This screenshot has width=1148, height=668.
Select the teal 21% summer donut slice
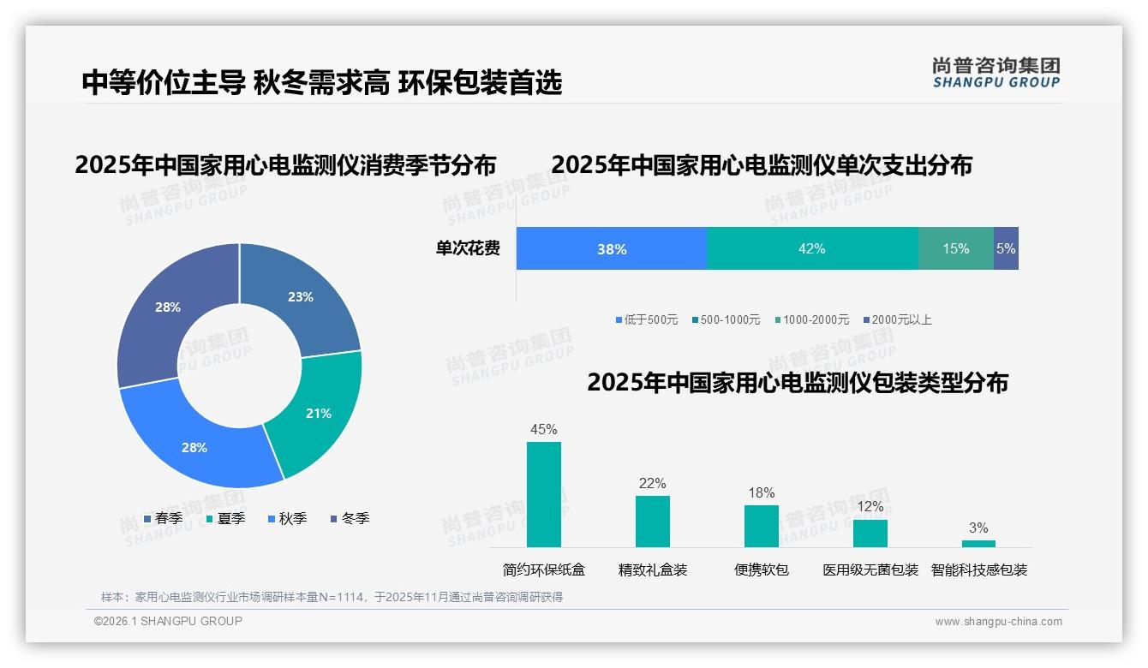click(x=318, y=413)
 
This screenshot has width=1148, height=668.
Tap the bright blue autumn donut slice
click(x=194, y=447)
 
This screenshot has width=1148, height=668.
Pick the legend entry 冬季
click(x=349, y=518)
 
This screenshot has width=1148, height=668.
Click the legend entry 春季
click(x=163, y=518)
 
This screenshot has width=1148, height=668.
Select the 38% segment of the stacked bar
click(x=612, y=249)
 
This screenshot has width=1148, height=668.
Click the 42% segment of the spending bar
click(x=811, y=249)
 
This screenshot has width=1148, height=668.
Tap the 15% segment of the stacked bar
click(x=955, y=249)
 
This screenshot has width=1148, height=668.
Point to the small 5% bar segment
click(x=1006, y=249)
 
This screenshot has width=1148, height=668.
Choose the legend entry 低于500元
click(x=646, y=319)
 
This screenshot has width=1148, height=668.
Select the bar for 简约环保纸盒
click(x=544, y=494)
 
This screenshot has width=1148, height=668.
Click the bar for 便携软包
click(x=762, y=526)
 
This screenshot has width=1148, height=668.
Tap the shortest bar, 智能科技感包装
click(x=978, y=543)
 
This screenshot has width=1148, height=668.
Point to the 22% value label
click(x=652, y=484)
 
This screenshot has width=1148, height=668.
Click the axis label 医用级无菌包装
click(x=870, y=570)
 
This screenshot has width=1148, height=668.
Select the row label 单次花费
click(x=468, y=249)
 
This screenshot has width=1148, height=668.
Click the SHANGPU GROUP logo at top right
click(x=996, y=72)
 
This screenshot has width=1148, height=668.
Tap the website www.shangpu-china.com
click(x=998, y=622)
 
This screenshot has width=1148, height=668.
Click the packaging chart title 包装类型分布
click(x=797, y=383)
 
